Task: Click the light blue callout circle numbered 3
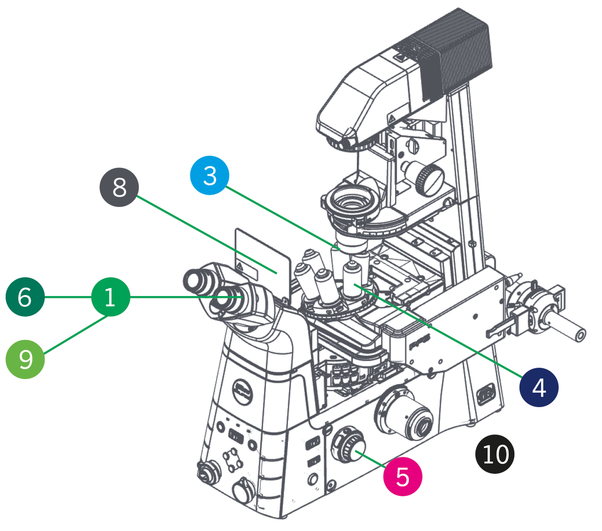[209, 176]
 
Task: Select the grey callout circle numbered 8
[119, 187]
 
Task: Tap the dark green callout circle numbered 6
[25, 297]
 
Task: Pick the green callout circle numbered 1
[110, 297]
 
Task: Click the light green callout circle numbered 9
[25, 359]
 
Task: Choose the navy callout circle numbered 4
[539, 387]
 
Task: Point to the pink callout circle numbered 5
[402, 476]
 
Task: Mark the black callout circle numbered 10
[495, 454]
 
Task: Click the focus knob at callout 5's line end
[348, 445]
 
